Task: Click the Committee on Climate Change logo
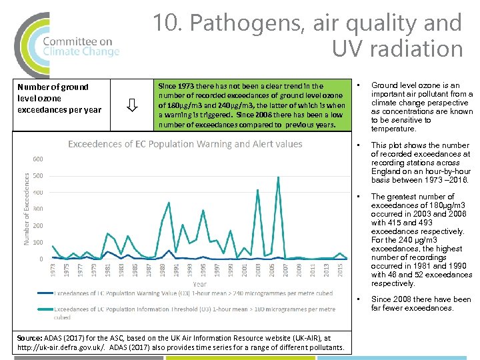(67, 45)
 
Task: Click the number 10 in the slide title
(165, 23)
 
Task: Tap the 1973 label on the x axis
(53, 270)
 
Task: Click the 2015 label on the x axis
(341, 270)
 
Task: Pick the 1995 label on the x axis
(203, 270)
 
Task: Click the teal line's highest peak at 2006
(278, 177)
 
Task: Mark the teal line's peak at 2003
(258, 190)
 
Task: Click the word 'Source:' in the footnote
(31, 338)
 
